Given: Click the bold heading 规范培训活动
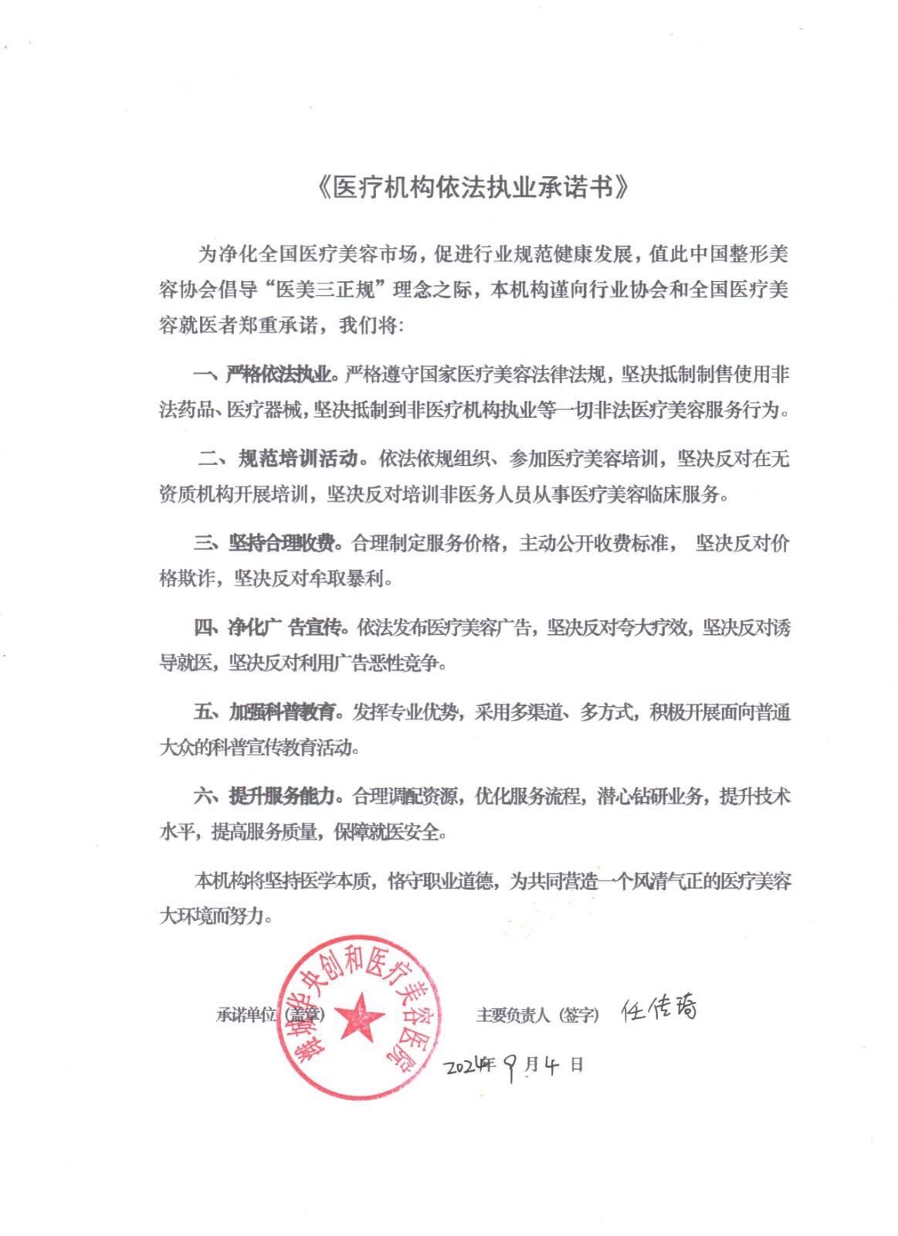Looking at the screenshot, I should [x=298, y=459].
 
